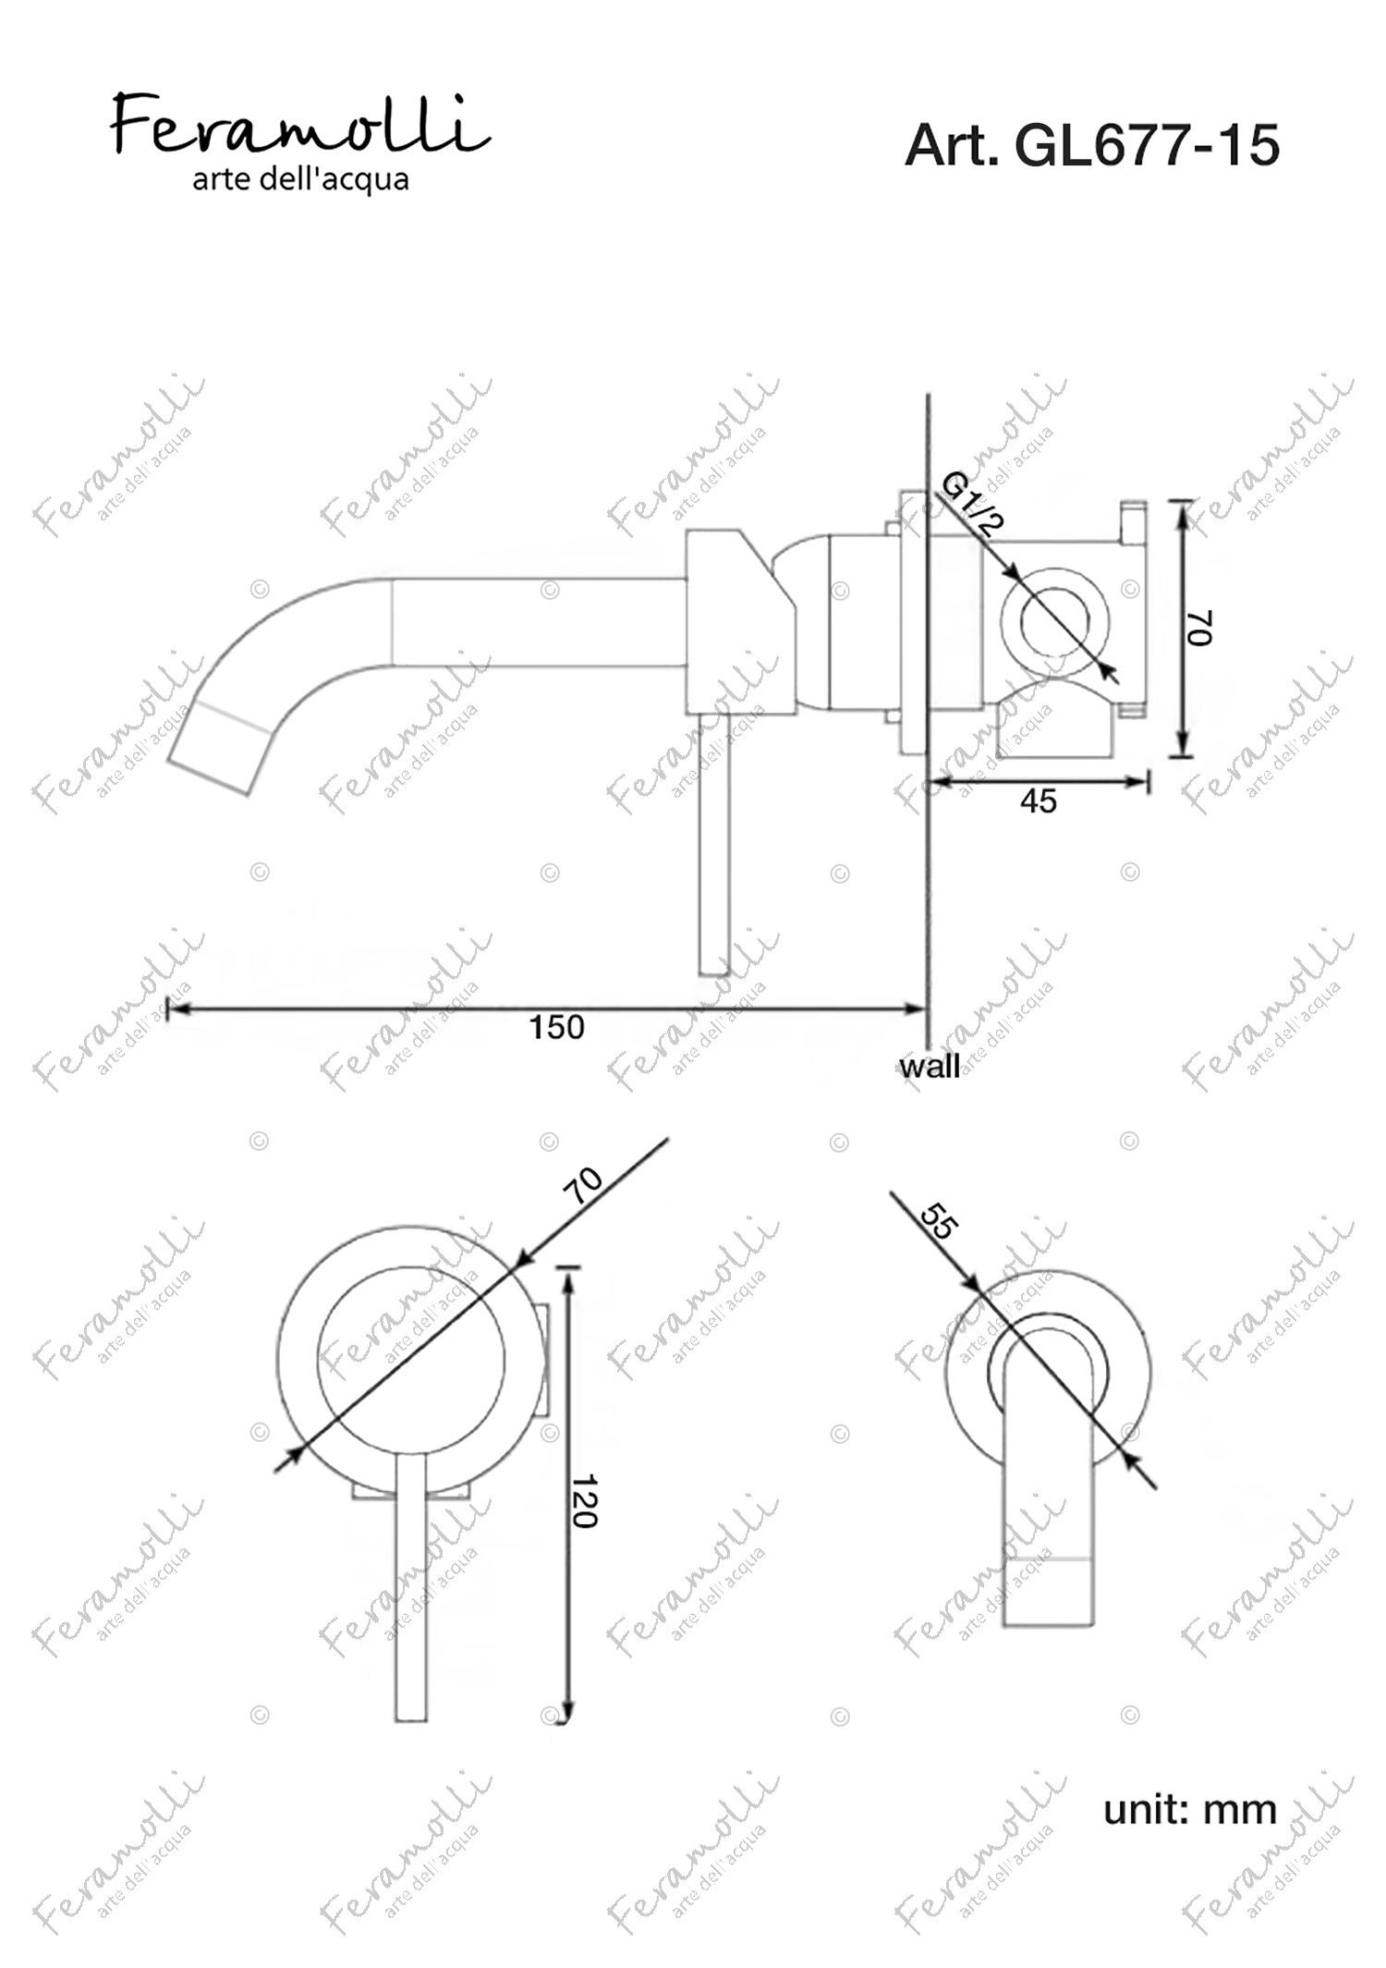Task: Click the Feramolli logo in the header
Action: pyautogui.click(x=300, y=125)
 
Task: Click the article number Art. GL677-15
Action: pyautogui.click(x=1092, y=145)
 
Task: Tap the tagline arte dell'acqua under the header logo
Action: pyautogui.click(x=300, y=179)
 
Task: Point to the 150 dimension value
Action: pyautogui.click(x=556, y=1027)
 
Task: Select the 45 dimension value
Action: pyautogui.click(x=1039, y=801)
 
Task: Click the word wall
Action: pyautogui.click(x=930, y=1067)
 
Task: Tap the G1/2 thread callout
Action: pyautogui.click(x=972, y=504)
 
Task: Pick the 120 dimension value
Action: pyautogui.click(x=583, y=1501)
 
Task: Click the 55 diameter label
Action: pyautogui.click(x=940, y=1221)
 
